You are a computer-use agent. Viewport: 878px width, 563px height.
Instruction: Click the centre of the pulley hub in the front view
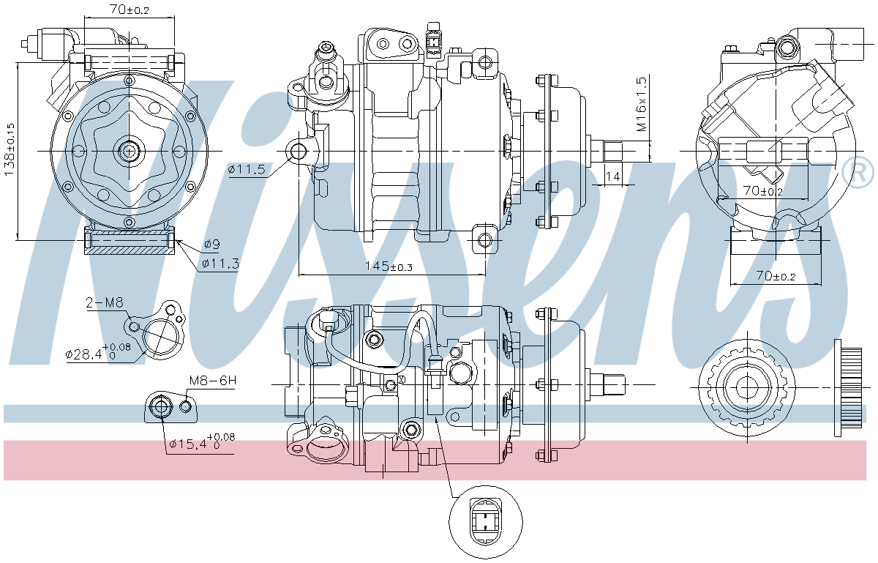coord(129,151)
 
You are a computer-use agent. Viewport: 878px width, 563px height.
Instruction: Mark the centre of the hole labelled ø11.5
coord(299,151)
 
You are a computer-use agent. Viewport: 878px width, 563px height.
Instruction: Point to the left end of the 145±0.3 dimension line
coord(299,275)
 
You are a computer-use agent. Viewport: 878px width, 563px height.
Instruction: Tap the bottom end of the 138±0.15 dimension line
coord(18,240)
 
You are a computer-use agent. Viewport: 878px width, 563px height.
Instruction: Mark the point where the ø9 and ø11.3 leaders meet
coord(176,240)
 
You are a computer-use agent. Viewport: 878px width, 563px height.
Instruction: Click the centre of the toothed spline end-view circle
coord(747,387)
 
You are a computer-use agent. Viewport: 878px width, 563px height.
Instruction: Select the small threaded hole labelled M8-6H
coord(186,407)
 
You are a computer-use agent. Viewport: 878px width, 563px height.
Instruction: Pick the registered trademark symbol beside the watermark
coord(858,172)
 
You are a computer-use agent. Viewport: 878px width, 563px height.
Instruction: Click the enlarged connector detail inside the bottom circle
coord(486,522)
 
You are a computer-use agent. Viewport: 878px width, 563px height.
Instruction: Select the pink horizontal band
coord(435,461)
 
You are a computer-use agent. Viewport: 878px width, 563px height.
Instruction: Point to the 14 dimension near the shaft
coord(612,176)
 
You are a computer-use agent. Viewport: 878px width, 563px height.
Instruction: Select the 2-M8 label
coord(105,302)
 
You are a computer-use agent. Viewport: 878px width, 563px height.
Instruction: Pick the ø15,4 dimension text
coord(202,441)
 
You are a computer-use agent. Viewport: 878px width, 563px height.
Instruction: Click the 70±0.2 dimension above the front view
coord(130,9)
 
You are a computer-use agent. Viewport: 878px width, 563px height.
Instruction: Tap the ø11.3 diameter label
coord(220,264)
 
